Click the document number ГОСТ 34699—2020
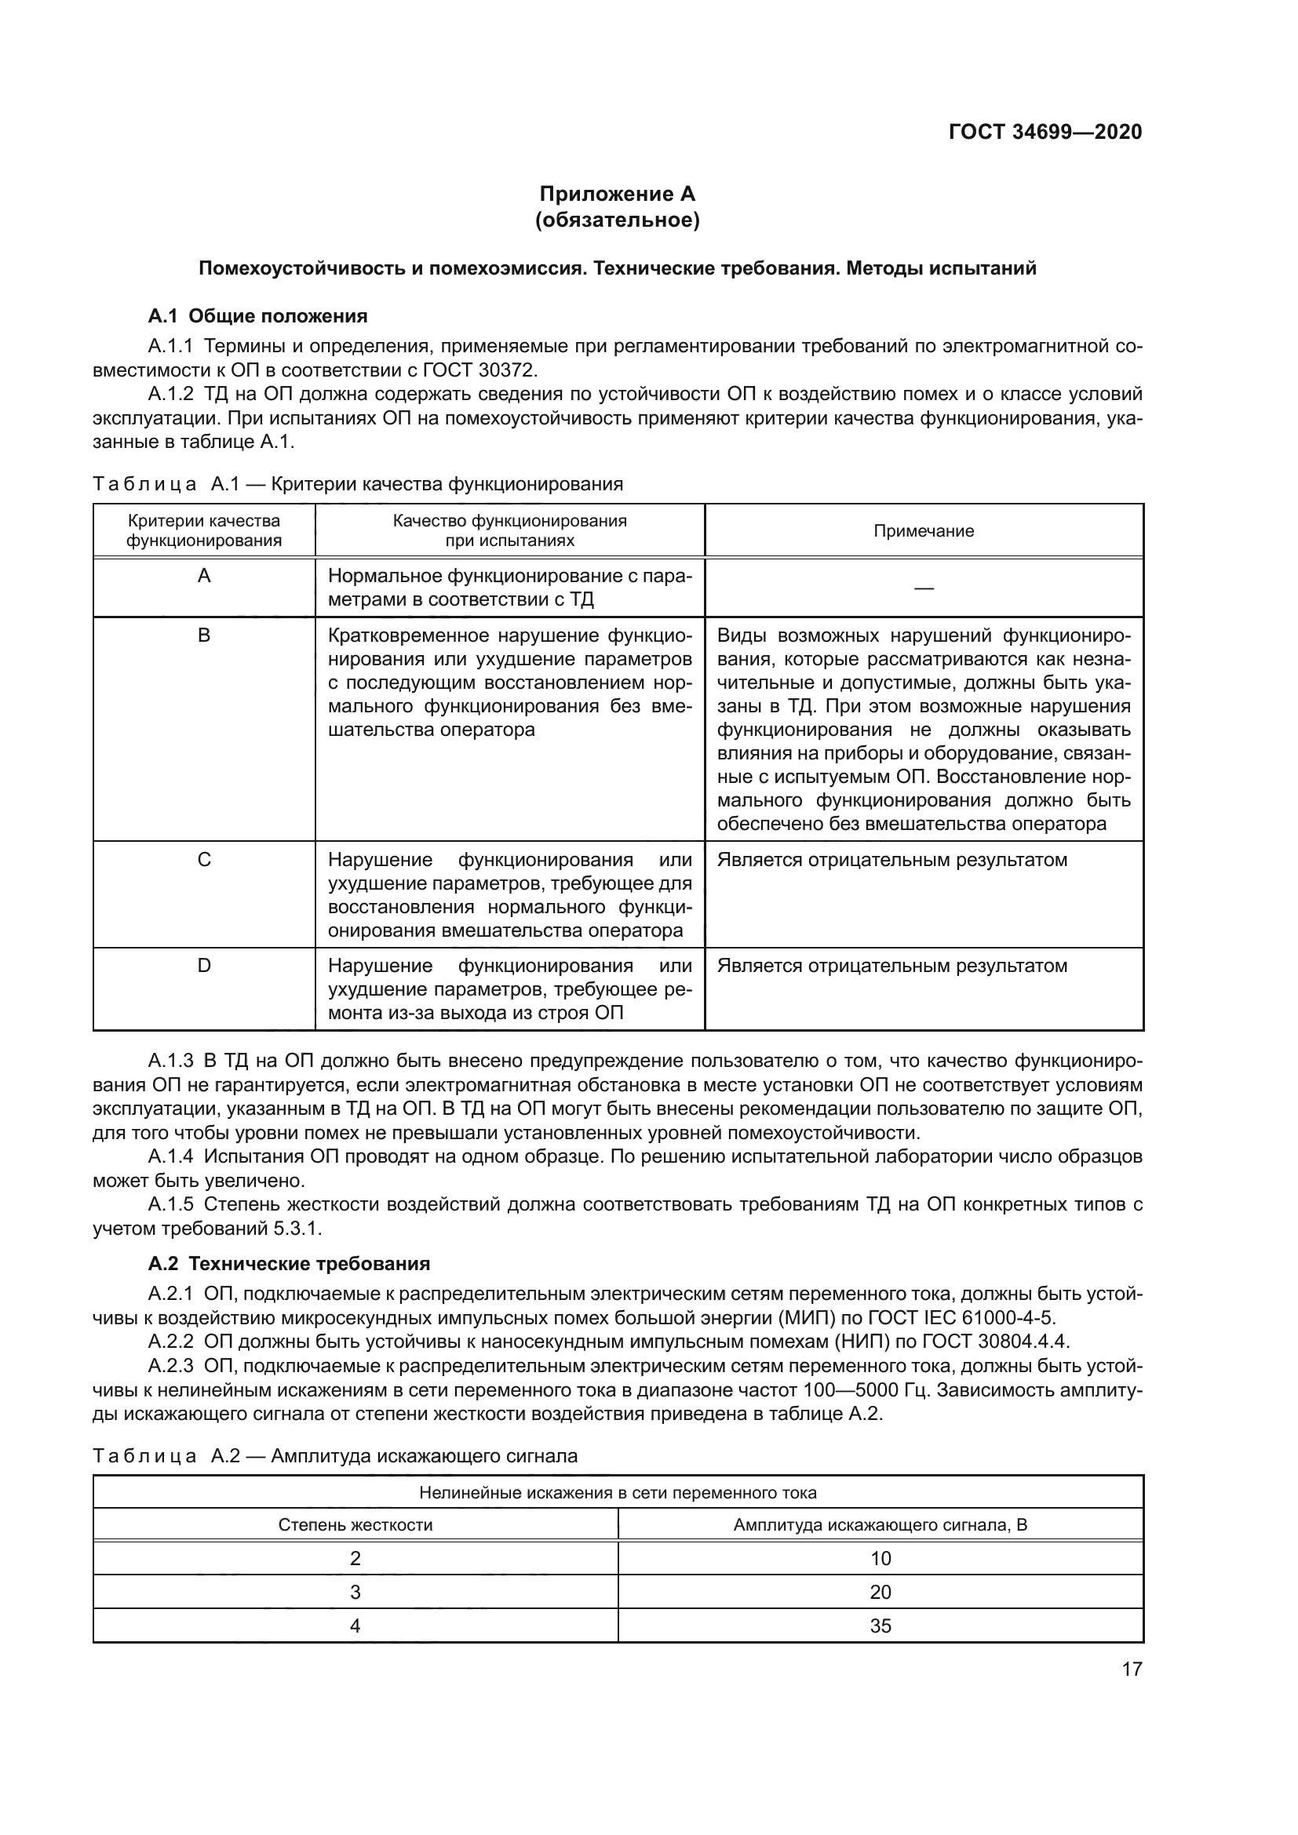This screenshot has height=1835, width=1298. (1045, 132)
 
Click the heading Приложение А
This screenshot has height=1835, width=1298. (617, 195)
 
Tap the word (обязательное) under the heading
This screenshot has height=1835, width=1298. (617, 220)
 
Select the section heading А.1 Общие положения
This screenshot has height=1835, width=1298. (257, 315)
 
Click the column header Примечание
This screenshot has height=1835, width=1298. (923, 530)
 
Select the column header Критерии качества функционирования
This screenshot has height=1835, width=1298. (204, 530)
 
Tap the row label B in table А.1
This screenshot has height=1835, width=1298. (204, 635)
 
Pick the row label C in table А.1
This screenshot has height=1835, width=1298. (204, 860)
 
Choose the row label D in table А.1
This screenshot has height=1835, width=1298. (204, 966)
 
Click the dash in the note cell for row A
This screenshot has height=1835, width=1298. (923, 588)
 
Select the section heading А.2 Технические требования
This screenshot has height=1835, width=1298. (289, 1264)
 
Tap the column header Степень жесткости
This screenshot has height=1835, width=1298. (355, 1525)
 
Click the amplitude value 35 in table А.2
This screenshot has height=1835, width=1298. (880, 1626)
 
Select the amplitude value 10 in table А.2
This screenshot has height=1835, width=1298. (880, 1559)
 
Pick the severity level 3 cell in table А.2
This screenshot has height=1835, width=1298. (355, 1592)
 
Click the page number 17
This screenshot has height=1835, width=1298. (1132, 1669)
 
